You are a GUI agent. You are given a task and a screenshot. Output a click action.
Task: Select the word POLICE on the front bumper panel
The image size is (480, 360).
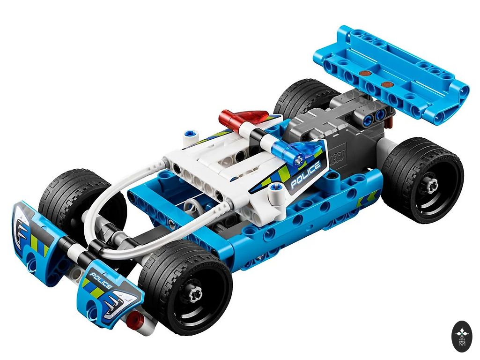(x=100, y=281)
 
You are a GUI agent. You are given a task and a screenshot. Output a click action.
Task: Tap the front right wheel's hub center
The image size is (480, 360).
(x=195, y=294)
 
